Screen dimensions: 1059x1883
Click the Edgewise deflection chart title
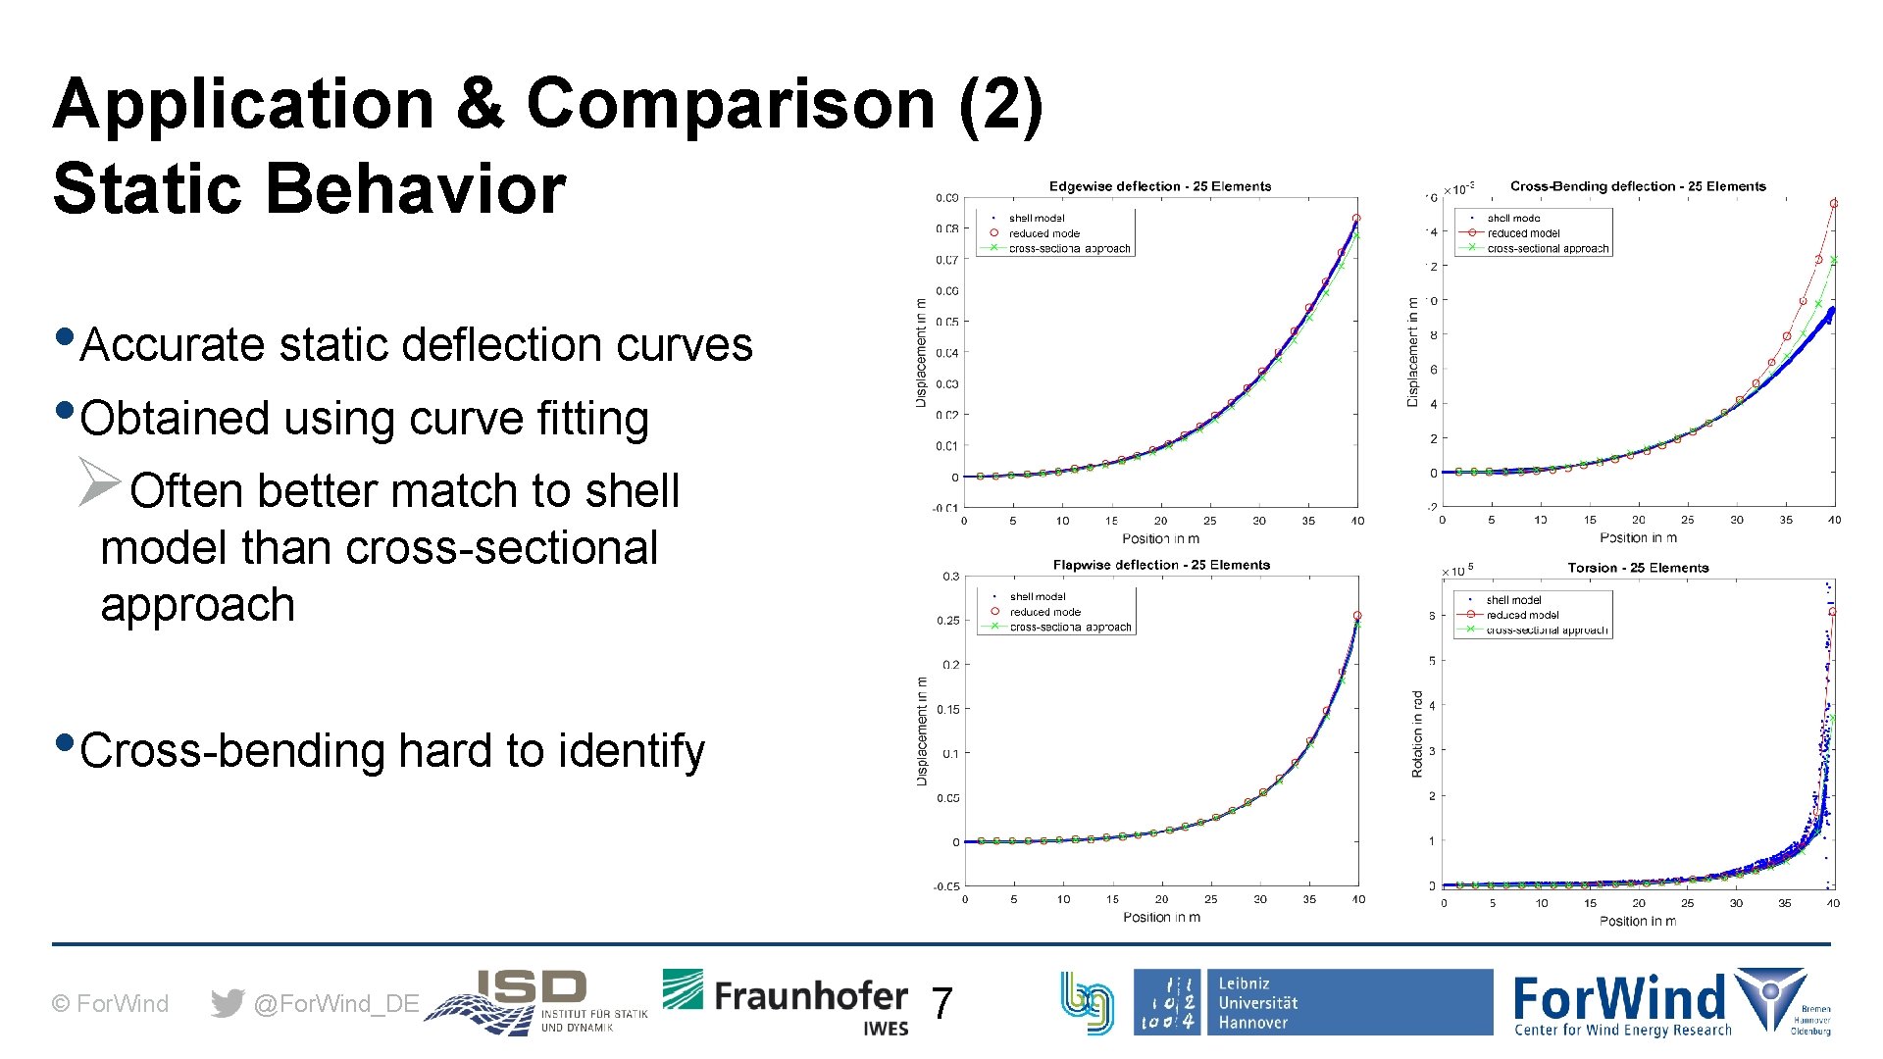point(1159,186)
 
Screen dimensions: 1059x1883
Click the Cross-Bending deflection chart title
point(1637,186)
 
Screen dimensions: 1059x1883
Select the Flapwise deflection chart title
point(1160,565)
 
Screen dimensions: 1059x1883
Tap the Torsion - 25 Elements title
point(1637,568)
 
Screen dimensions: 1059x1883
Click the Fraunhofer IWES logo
point(786,1002)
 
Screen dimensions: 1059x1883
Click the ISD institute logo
point(536,1002)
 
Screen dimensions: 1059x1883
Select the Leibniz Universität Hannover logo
point(1311,1002)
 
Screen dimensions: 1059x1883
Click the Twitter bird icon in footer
point(228,1003)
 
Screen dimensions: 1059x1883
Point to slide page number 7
point(941,1003)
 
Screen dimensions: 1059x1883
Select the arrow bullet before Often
point(99,481)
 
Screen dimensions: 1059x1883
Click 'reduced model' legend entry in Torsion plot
point(1521,615)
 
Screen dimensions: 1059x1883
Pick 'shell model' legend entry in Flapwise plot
point(1037,596)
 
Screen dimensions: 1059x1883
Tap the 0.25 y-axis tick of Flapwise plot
point(947,621)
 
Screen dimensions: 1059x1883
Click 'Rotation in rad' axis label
point(1417,734)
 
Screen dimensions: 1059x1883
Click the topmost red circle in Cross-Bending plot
point(1834,204)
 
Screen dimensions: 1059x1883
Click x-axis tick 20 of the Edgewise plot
point(1160,521)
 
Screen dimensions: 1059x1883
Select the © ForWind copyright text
point(110,1003)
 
